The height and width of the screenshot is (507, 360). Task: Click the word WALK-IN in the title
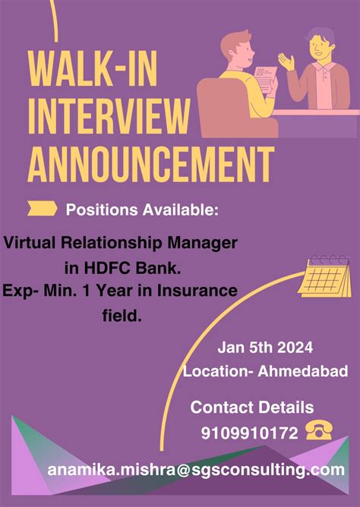tap(104, 72)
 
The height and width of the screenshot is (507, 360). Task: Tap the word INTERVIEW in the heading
tap(109, 117)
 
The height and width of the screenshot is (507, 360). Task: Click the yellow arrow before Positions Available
tap(43, 209)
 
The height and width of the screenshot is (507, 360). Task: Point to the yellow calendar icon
tap(324, 276)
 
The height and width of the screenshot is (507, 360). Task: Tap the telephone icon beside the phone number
tap(320, 432)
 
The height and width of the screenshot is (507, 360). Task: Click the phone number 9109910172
tap(249, 433)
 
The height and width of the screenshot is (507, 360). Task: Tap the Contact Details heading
tap(251, 408)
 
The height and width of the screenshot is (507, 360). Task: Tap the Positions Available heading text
tap(142, 209)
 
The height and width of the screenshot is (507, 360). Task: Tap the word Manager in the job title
tap(209, 244)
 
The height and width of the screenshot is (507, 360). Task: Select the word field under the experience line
tap(122, 313)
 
